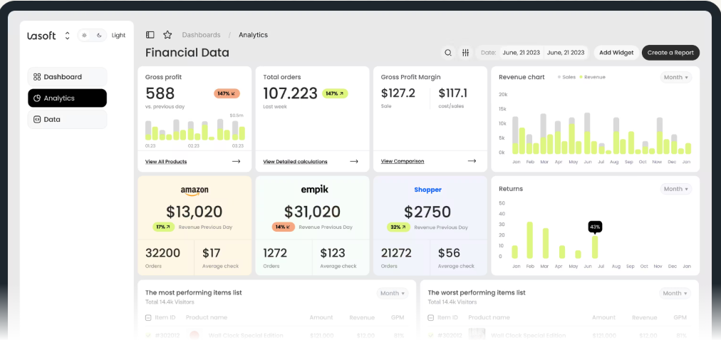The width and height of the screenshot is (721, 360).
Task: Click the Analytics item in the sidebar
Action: click(x=67, y=98)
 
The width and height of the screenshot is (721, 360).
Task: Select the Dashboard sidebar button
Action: click(x=67, y=77)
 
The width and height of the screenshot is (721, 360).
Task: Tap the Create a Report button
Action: click(x=670, y=53)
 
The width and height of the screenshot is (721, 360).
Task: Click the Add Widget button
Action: click(x=616, y=53)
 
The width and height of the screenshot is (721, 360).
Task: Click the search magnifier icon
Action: click(x=448, y=53)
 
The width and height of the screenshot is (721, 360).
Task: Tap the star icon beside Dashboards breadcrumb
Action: click(x=167, y=35)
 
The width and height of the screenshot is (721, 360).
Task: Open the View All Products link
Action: click(x=166, y=162)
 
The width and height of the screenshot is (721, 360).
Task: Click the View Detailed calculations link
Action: click(x=295, y=162)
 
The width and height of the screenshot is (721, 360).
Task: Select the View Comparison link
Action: click(x=403, y=162)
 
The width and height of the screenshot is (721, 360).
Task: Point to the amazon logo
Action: click(x=194, y=190)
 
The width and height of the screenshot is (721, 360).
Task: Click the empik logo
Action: click(x=314, y=190)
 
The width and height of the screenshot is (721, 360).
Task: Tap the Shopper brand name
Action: click(x=427, y=190)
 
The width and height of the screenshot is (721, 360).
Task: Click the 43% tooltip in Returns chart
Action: click(x=595, y=227)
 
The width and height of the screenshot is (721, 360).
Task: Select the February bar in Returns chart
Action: click(x=529, y=240)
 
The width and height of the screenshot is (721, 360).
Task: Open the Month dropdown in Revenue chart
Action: click(x=676, y=77)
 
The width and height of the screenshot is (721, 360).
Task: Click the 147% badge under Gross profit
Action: click(x=227, y=93)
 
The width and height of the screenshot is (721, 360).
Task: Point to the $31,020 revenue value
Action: click(x=312, y=212)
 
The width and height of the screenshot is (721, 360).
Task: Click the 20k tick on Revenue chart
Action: click(x=503, y=94)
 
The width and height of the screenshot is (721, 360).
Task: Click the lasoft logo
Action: click(x=41, y=36)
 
